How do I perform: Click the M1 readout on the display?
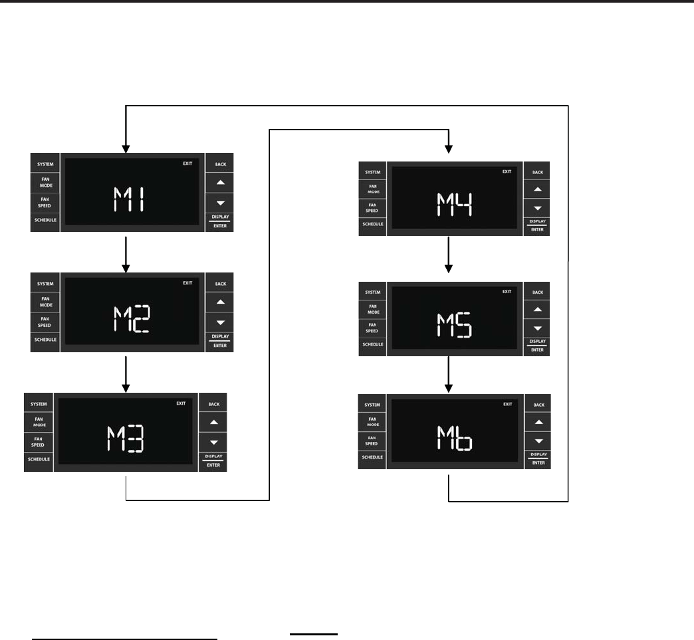tap(131, 199)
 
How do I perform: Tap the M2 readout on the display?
tap(131, 318)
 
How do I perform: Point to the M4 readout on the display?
tap(454, 204)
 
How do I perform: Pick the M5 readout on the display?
tap(454, 324)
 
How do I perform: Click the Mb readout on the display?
tap(454, 438)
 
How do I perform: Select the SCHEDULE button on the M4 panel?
tap(372, 224)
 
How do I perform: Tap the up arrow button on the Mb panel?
tap(538, 422)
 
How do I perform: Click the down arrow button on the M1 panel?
tap(221, 202)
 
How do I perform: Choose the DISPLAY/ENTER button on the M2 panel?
tap(221, 341)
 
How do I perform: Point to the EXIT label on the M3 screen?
tap(181, 403)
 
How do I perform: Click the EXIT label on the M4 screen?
tap(507, 171)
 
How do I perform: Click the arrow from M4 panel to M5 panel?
tap(449, 255)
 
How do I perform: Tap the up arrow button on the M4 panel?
tap(538, 189)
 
